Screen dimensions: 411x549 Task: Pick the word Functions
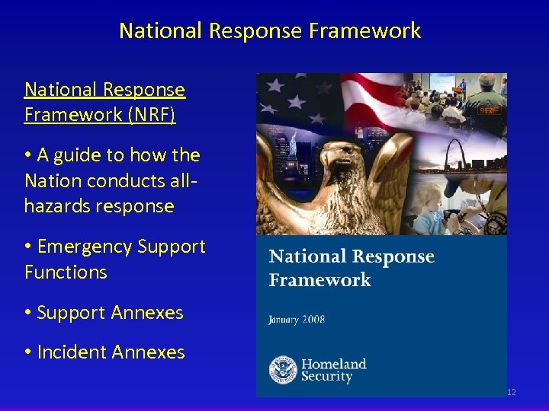point(66,272)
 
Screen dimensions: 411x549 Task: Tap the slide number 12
point(511,392)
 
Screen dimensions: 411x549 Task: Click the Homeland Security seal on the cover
point(283,370)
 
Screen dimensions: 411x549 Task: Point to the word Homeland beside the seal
point(334,364)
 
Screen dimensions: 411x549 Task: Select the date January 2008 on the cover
point(297,319)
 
